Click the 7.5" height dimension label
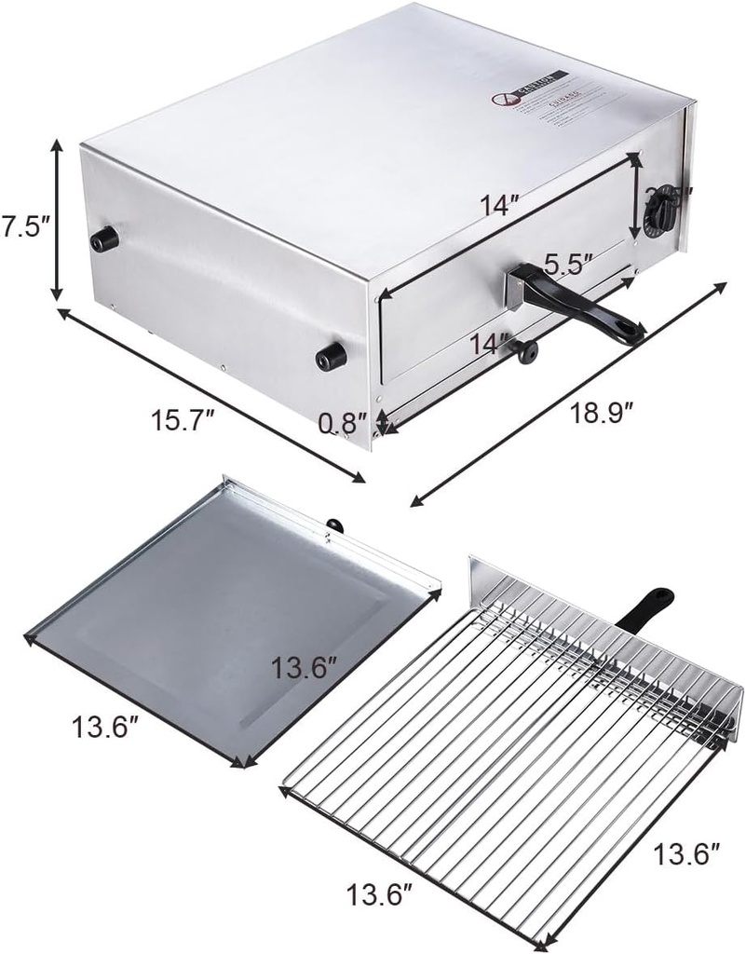pyautogui.click(x=24, y=228)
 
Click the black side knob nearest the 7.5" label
pyautogui.click(x=104, y=239)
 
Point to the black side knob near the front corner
pyautogui.click(x=331, y=354)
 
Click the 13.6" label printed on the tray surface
pyautogui.click(x=305, y=667)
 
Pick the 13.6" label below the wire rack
pyautogui.click(x=379, y=896)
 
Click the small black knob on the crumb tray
pyautogui.click(x=333, y=526)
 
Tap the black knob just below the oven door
pyautogui.click(x=527, y=351)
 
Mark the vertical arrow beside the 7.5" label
pyautogui.click(x=58, y=219)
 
